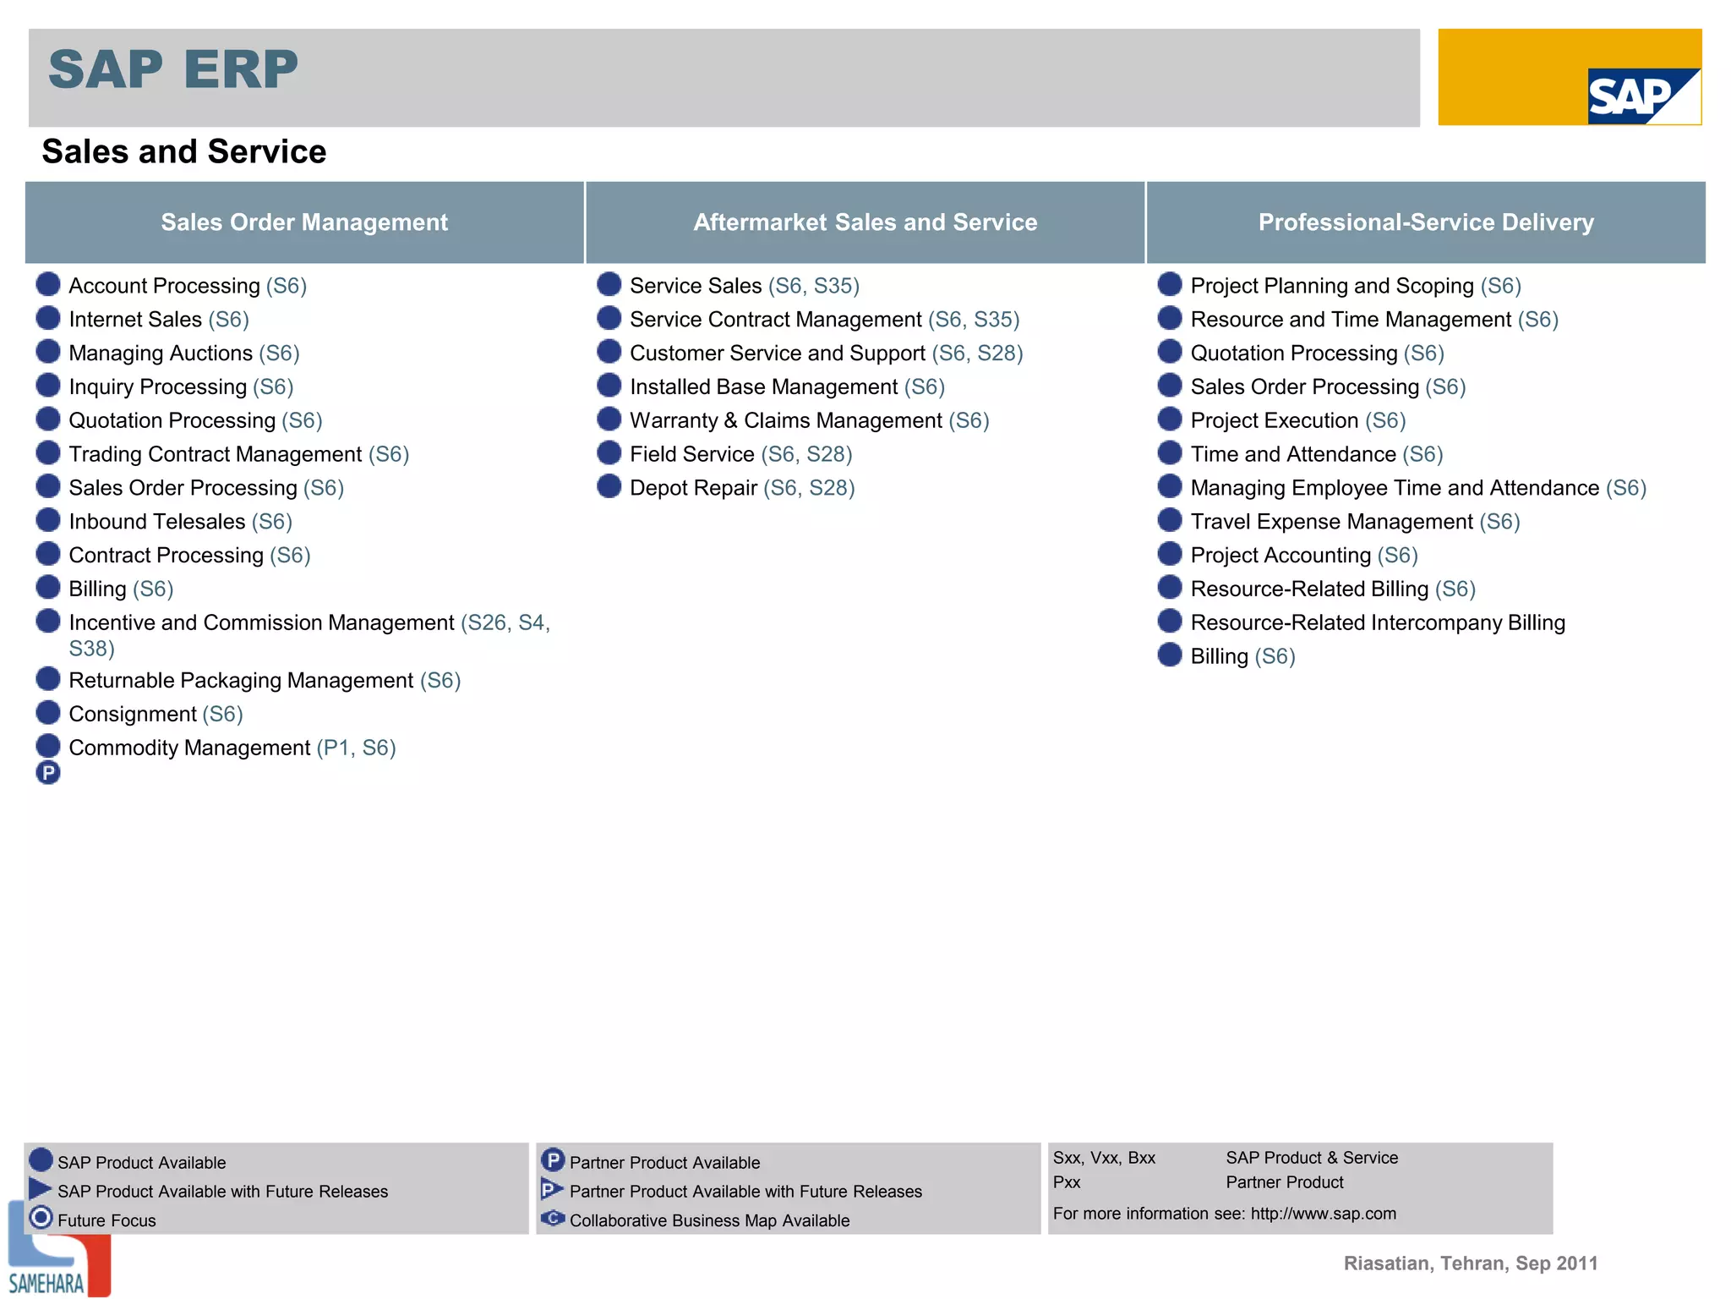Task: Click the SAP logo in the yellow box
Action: (1642, 96)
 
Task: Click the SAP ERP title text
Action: (173, 69)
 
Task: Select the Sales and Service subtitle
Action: (183, 152)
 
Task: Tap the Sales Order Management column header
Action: (304, 222)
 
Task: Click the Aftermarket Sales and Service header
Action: (865, 222)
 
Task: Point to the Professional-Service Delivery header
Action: (1425, 222)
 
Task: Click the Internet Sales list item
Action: (158, 320)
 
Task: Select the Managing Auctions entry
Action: (183, 354)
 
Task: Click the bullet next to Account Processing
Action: (48, 284)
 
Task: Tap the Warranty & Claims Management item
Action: (809, 420)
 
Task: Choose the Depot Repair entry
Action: (741, 488)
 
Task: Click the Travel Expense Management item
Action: (1354, 522)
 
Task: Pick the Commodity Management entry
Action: (232, 748)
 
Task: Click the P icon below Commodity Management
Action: (48, 772)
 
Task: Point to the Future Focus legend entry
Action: (106, 1220)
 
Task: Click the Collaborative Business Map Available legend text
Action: (709, 1220)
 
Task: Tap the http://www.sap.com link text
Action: (1323, 1214)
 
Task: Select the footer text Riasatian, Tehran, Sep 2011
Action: (1470, 1263)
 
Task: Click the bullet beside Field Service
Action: (609, 453)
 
